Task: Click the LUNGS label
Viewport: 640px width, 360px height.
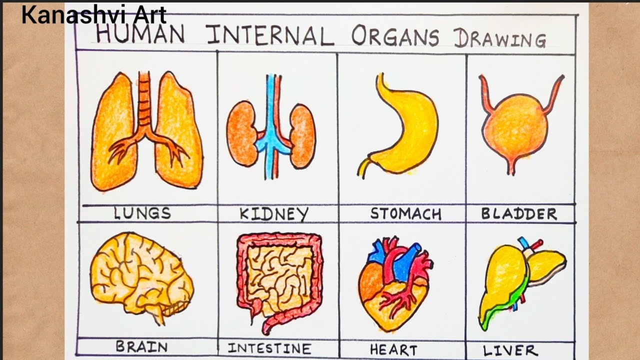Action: (x=143, y=214)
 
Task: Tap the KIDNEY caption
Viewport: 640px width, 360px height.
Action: (x=273, y=215)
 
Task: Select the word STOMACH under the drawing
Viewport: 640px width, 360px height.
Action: (x=406, y=214)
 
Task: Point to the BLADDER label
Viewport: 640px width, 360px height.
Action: (x=519, y=214)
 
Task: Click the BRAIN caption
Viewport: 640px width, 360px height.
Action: (x=141, y=346)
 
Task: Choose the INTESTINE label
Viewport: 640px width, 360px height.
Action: (x=269, y=348)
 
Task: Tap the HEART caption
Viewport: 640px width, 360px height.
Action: (x=393, y=348)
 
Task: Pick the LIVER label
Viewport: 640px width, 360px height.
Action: (x=510, y=349)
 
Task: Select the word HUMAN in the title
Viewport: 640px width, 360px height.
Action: (x=140, y=34)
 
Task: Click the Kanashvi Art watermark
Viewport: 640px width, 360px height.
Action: (x=93, y=16)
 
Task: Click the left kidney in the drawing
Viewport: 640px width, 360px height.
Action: (x=241, y=133)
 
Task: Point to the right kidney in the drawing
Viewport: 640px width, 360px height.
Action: (x=303, y=136)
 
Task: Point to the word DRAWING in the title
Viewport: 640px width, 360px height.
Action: (x=500, y=38)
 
